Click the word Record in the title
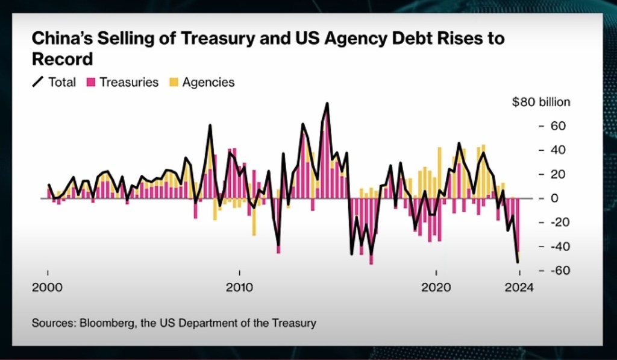click(x=62, y=59)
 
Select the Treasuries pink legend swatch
click(x=92, y=82)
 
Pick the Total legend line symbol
click(x=38, y=82)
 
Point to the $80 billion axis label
click(x=540, y=102)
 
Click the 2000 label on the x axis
click(x=47, y=288)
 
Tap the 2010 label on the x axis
click(x=239, y=288)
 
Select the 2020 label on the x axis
click(x=436, y=288)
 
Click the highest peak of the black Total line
click(x=327, y=103)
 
